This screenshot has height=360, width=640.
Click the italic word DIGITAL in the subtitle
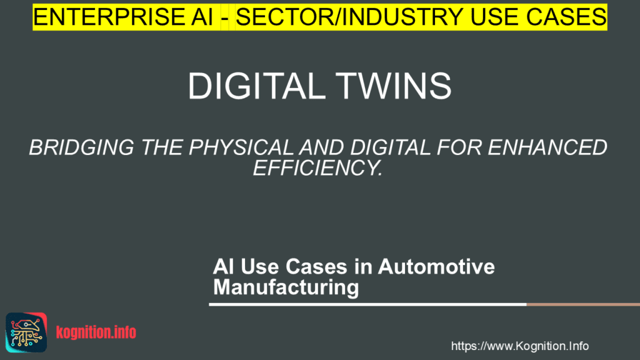[x=391, y=148]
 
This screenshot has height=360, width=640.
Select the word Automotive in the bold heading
[x=436, y=267]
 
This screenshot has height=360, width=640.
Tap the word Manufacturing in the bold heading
[x=286, y=287]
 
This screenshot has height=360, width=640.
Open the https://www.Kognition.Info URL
[x=519, y=346]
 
